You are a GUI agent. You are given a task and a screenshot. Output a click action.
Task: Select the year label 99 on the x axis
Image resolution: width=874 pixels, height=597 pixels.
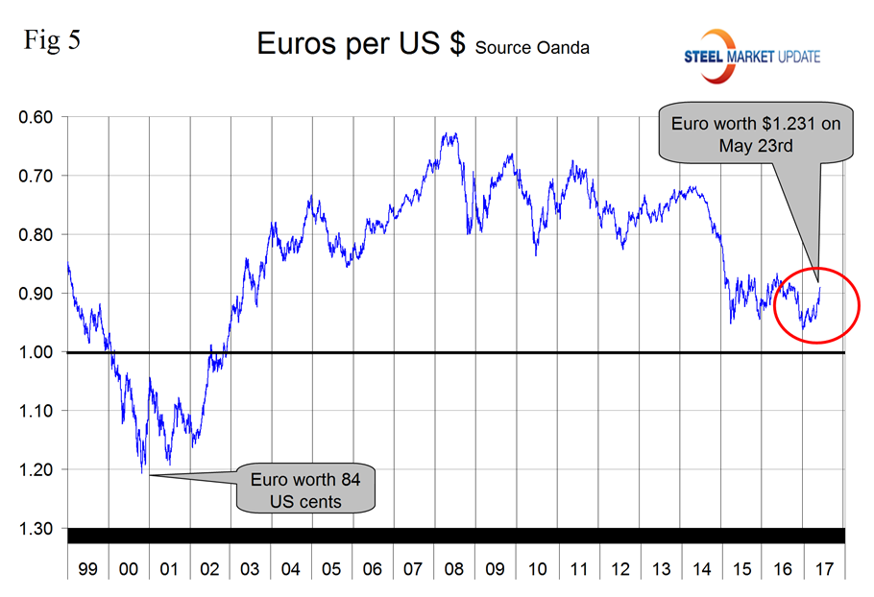click(87, 569)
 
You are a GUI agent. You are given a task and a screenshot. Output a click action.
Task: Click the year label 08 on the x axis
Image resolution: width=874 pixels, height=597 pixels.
click(454, 569)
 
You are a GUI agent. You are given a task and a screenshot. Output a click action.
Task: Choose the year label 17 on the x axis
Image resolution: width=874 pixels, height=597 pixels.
click(823, 569)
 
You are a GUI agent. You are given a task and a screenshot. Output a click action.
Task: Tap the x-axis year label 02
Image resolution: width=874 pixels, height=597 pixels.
click(209, 569)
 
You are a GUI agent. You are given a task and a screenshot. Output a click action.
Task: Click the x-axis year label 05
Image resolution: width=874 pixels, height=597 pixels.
click(332, 569)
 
